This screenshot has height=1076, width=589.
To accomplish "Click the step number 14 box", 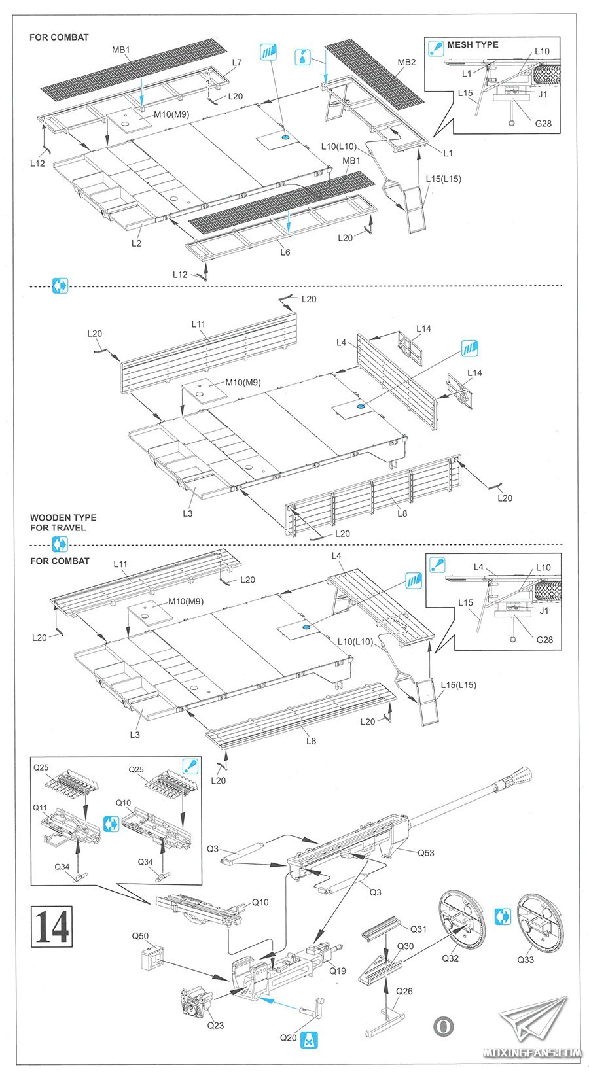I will [51, 926].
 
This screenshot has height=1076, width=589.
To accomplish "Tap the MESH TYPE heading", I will [473, 44].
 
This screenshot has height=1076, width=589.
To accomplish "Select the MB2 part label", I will [406, 62].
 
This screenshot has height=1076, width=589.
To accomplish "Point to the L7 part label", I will [237, 63].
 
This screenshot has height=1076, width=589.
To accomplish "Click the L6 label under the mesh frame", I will [285, 252].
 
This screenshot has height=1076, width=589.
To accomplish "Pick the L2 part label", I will [136, 243].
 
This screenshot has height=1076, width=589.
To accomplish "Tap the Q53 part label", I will [425, 853].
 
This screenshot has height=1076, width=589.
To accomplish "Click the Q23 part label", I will [215, 1025].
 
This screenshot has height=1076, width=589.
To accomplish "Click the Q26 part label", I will [404, 991].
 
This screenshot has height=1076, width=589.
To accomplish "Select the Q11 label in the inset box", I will [40, 808].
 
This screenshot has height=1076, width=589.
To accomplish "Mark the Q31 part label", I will [418, 929].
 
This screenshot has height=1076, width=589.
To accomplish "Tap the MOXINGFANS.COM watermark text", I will [532, 1052].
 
